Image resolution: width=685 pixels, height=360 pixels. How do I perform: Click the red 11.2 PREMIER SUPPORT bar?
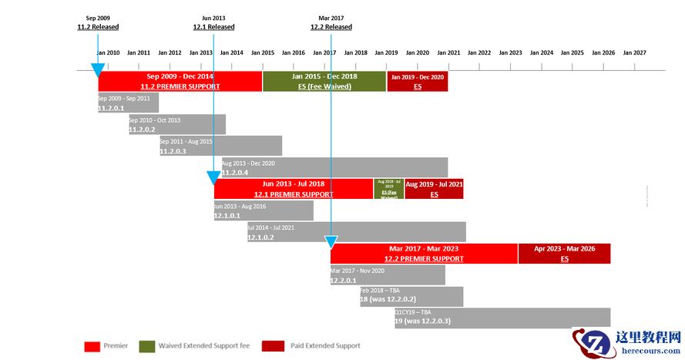pos(180,81)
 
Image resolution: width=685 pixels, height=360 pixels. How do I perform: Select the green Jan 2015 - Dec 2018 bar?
pos(324,81)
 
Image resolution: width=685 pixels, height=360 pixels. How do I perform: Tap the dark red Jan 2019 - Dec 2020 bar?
pos(417,81)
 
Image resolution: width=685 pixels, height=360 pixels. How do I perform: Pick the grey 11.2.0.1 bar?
pos(128,103)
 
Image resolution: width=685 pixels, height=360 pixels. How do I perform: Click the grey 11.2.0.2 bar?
pos(176,125)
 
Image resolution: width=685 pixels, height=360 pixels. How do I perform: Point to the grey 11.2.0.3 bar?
pos(220,146)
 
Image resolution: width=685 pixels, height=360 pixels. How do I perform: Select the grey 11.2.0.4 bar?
pos(334,167)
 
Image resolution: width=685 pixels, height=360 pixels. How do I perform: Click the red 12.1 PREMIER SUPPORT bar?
pos(294,189)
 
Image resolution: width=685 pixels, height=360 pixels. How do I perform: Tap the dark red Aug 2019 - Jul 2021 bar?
pos(434,189)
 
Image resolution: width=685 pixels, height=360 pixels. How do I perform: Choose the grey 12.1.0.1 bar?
pos(264,210)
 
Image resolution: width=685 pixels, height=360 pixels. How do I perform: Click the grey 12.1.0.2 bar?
pos(356,232)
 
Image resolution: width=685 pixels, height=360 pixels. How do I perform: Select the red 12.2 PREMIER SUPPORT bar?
pos(424,254)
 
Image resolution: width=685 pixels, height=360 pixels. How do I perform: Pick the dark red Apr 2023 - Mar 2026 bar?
pos(564,254)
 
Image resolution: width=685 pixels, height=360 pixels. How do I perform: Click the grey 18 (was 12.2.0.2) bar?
pos(411,297)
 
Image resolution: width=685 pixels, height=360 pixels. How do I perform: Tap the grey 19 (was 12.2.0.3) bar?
pos(502,318)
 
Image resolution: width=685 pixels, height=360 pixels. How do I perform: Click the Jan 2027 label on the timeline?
pos(634,53)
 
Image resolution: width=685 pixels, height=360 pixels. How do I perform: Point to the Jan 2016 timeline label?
pos(294,53)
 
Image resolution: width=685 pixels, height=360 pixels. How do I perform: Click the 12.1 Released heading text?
pos(213,27)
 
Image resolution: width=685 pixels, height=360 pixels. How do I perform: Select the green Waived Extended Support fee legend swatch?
pos(146,346)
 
